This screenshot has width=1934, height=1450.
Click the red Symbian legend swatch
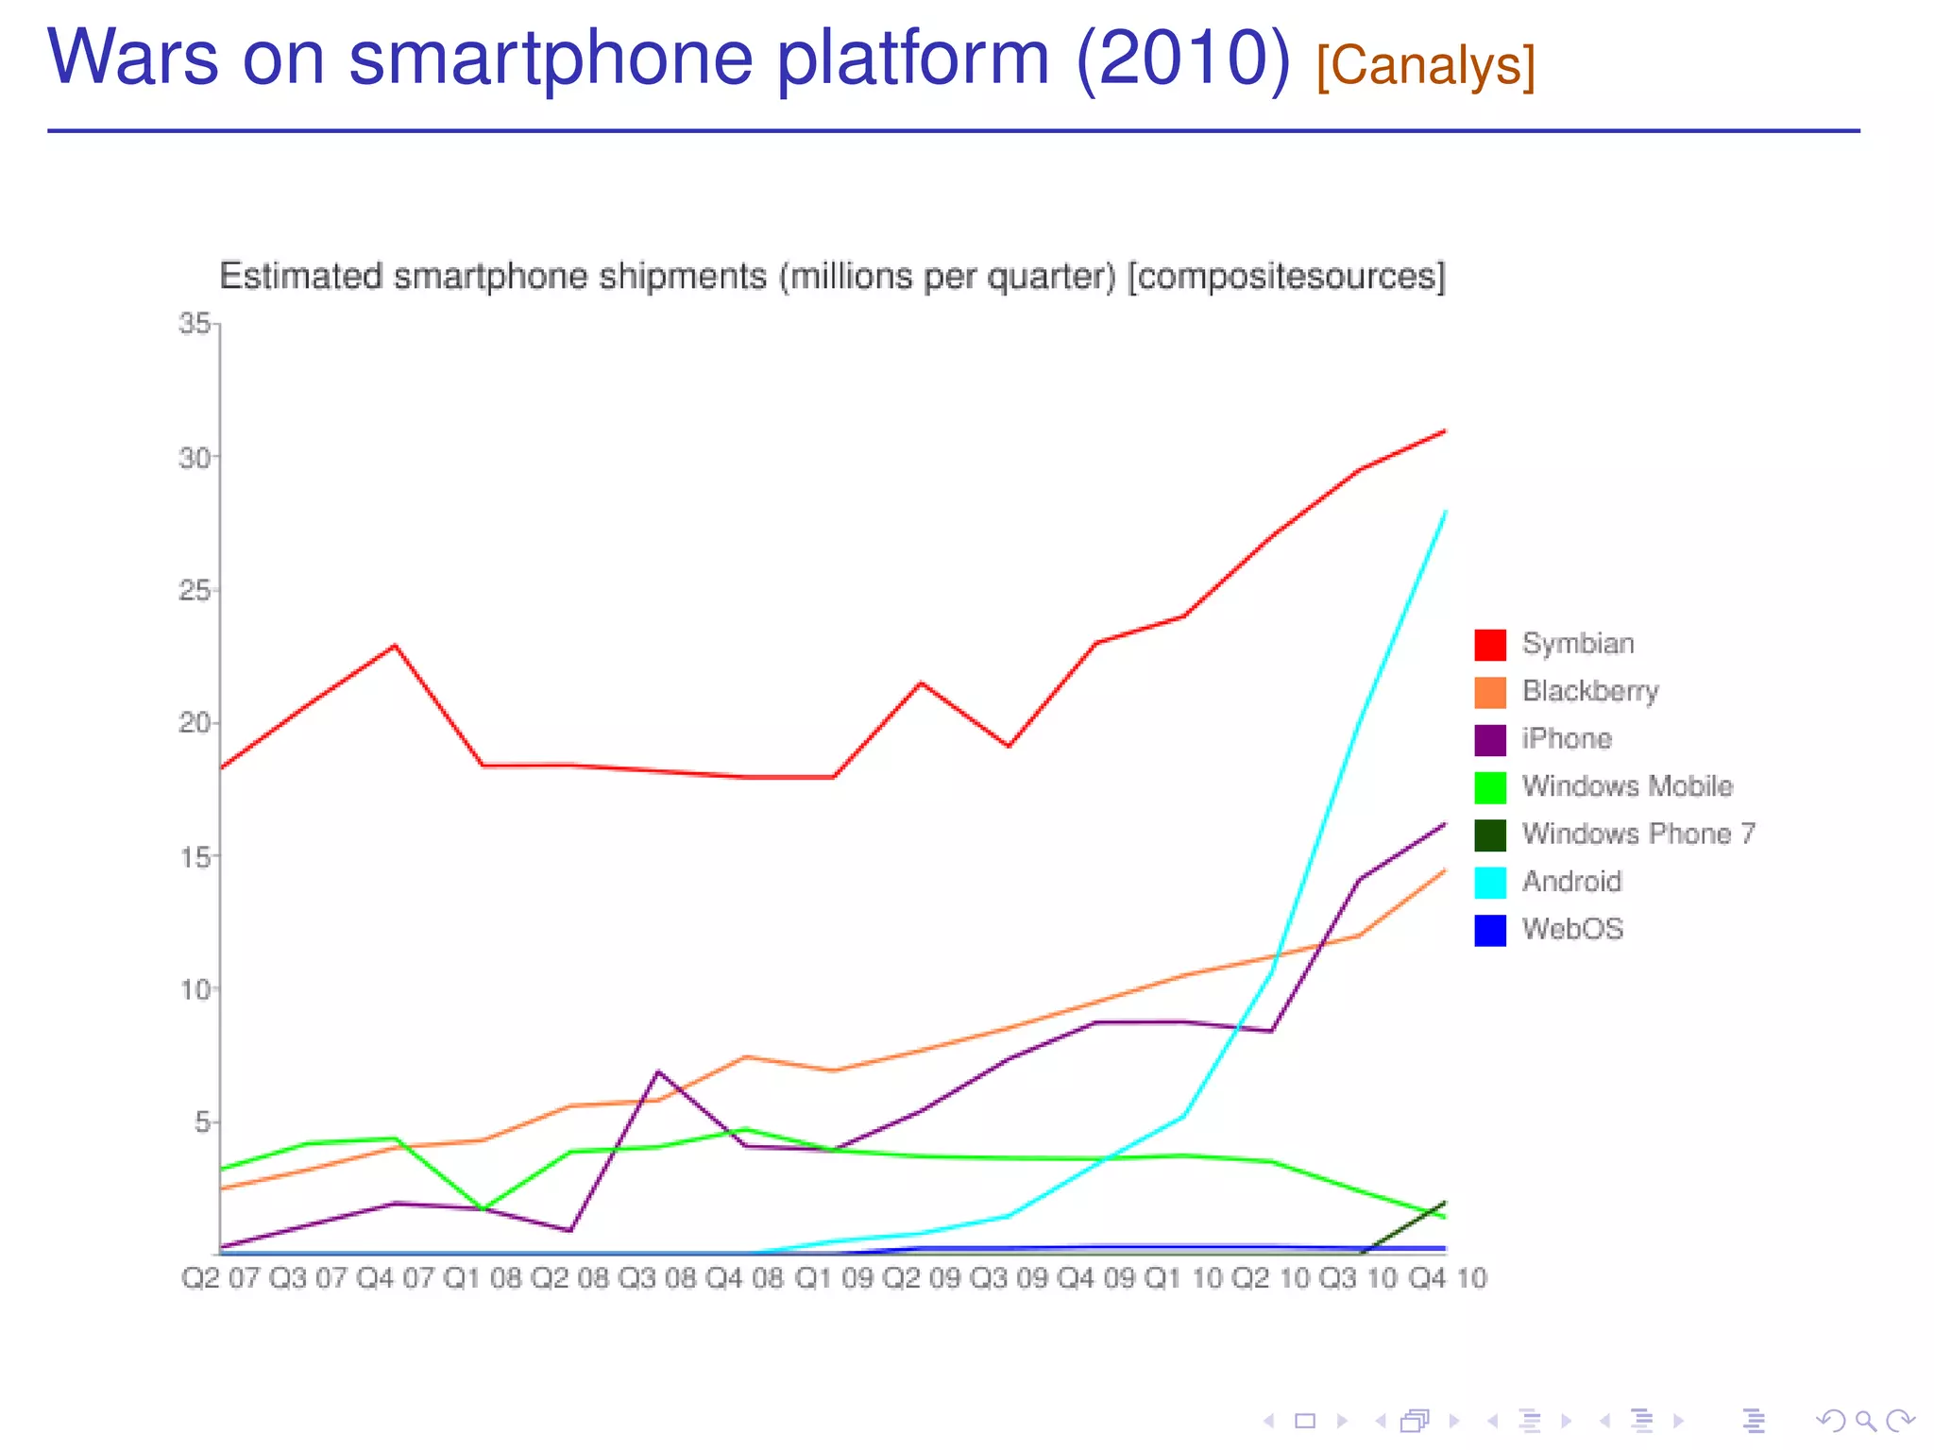point(1490,645)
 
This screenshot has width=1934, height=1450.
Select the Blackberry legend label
point(1590,691)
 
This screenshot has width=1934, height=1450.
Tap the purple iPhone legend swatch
point(1490,740)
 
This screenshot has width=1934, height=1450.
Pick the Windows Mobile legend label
point(1627,786)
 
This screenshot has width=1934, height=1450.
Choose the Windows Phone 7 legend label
point(1638,834)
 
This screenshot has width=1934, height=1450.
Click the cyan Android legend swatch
point(1490,883)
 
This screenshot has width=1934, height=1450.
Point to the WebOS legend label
point(1572,929)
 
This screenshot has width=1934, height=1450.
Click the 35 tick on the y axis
point(195,324)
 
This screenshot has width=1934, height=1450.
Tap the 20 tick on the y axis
point(195,723)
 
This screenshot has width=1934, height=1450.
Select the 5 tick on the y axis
point(202,1122)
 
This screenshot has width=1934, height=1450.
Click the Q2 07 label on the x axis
point(220,1278)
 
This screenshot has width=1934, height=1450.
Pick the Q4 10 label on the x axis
point(1447,1278)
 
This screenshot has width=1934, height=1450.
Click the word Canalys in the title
point(1426,66)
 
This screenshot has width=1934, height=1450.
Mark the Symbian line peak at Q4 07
point(395,646)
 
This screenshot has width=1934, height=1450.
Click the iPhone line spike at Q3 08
point(658,1071)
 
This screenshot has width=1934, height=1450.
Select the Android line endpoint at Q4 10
point(1445,513)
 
